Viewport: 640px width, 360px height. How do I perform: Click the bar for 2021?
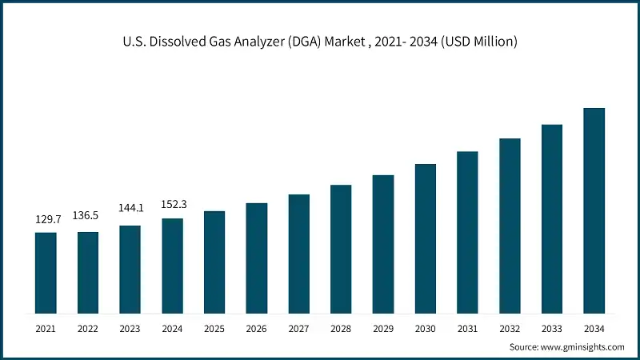(46, 272)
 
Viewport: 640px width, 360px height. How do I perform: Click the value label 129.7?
(46, 219)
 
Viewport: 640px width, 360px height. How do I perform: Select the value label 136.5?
(88, 216)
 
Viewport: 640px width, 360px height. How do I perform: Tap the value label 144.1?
(130, 208)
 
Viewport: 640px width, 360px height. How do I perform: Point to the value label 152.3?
(172, 203)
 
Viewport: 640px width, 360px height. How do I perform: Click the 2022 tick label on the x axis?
(88, 328)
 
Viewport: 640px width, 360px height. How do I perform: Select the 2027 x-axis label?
(298, 328)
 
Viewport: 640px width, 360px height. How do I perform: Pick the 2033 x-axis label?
(551, 328)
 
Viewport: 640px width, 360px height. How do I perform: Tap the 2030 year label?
(425, 328)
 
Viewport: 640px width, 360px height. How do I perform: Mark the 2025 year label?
(214, 328)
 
